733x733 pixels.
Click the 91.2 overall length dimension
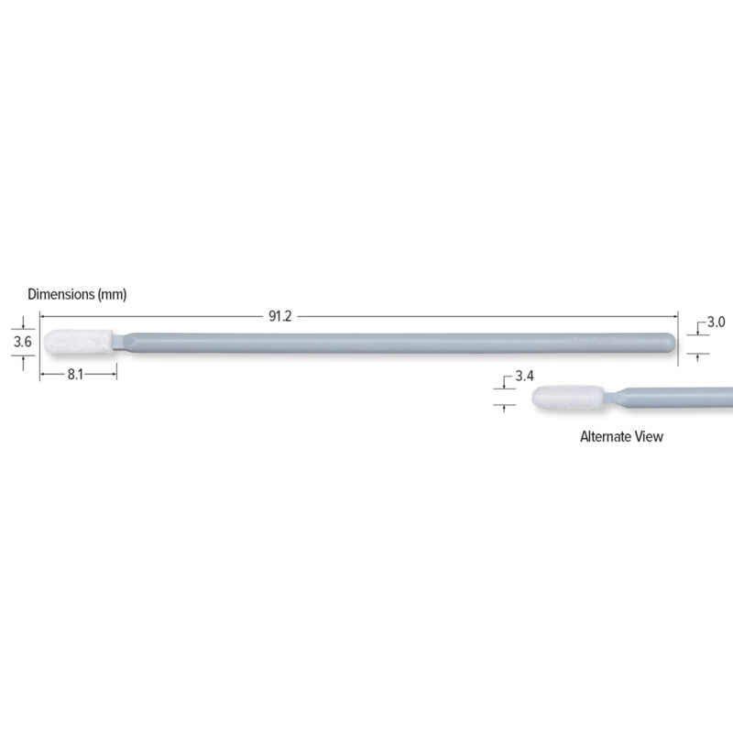(279, 316)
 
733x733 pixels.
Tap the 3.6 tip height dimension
(23, 342)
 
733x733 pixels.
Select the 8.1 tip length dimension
(76, 374)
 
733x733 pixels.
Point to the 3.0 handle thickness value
(716, 323)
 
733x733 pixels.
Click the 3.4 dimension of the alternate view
(524, 377)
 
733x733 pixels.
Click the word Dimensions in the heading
(61, 294)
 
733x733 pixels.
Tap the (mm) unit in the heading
(112, 294)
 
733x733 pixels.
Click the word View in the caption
(650, 437)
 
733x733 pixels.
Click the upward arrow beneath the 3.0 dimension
(697, 357)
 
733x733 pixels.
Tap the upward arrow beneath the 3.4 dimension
(504, 408)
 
